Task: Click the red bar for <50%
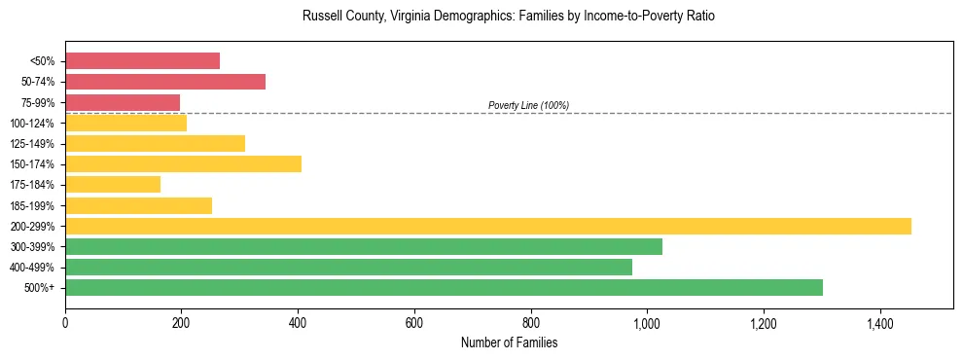pyautogui.click(x=142, y=61)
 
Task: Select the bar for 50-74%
pyautogui.click(x=165, y=82)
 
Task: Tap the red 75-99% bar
pyautogui.click(x=123, y=102)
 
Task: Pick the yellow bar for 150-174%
pyautogui.click(x=183, y=163)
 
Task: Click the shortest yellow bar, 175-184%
pyautogui.click(x=113, y=185)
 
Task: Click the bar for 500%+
pyautogui.click(x=444, y=287)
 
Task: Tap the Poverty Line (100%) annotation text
pyautogui.click(x=528, y=105)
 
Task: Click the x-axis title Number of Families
pyautogui.click(x=509, y=342)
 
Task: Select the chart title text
pyautogui.click(x=509, y=17)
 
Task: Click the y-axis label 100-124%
pyautogui.click(x=32, y=124)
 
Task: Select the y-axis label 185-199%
pyautogui.click(x=32, y=205)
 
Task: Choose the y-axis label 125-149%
pyautogui.click(x=32, y=144)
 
